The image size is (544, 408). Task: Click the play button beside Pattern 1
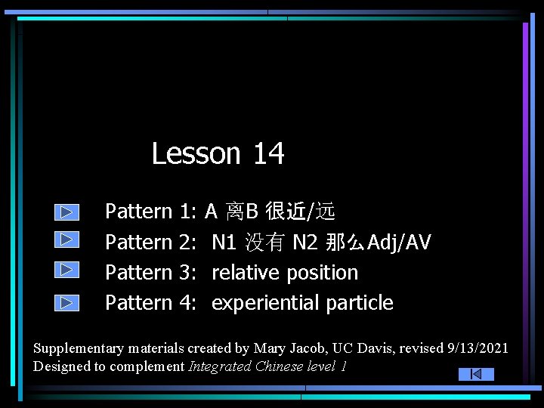[66, 212]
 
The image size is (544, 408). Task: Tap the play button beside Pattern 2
[66, 240]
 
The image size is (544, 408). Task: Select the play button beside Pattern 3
[66, 270]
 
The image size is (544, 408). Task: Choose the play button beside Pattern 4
[66, 303]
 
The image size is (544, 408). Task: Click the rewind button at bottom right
[476, 374]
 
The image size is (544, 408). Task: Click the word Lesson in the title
[196, 153]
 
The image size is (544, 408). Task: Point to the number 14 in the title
[268, 153]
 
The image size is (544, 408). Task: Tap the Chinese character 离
[235, 212]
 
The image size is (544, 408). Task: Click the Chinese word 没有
[264, 243]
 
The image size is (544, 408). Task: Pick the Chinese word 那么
[345, 243]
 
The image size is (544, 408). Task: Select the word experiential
[266, 303]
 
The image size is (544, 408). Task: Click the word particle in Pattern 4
[360, 303]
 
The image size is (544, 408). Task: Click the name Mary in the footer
[270, 348]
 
